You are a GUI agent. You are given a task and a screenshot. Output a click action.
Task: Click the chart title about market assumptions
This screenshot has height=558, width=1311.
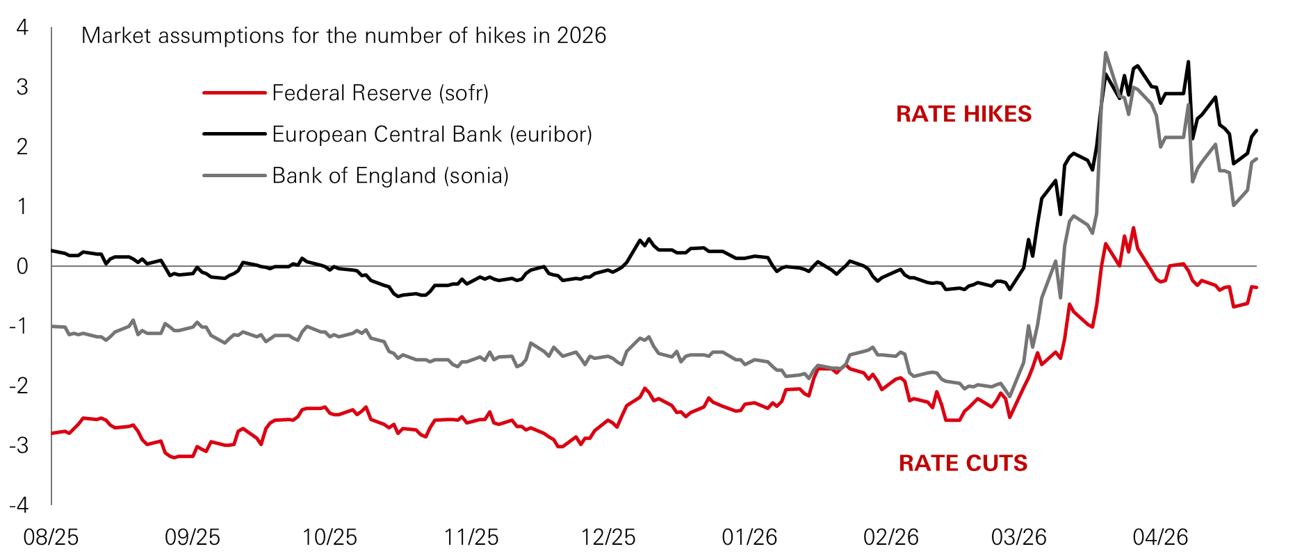coord(343,35)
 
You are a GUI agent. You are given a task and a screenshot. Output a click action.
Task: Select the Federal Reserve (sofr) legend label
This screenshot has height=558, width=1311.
coord(380,93)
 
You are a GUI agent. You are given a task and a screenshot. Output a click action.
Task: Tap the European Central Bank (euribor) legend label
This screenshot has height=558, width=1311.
coord(432,134)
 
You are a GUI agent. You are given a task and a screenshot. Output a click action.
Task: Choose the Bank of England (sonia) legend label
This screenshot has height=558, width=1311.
coord(390,176)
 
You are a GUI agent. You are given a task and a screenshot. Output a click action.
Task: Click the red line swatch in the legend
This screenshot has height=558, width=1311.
coord(234,93)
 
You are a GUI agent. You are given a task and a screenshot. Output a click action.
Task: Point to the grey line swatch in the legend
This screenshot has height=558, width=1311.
coord(234,176)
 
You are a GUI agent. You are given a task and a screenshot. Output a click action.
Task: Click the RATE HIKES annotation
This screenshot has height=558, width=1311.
coord(963,114)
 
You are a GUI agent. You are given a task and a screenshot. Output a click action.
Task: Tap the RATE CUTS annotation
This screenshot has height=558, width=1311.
coord(963,463)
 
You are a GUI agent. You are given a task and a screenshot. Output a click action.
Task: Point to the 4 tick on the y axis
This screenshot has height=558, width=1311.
coord(22,28)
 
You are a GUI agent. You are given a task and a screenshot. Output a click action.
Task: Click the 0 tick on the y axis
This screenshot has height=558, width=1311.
coord(22,266)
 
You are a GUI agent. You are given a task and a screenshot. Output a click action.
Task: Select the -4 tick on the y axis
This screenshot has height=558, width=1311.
coord(19,504)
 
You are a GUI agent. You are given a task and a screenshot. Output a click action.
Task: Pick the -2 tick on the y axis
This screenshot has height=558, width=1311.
coord(19,386)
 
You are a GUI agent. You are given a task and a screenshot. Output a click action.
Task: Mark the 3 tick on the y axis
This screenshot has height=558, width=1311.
coord(22,88)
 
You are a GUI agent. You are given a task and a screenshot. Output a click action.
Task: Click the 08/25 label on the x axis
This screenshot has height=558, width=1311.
coord(51,537)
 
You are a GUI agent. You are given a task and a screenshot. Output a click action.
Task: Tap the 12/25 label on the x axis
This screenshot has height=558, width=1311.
coord(608,537)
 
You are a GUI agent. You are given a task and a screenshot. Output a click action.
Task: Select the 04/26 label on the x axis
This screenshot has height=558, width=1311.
coord(1160,537)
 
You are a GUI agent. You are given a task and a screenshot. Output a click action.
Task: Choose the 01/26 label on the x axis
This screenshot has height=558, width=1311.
coord(749,537)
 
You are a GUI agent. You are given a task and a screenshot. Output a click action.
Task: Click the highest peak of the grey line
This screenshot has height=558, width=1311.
coord(1105,52)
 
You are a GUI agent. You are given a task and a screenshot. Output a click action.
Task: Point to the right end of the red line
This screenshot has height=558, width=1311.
coord(1256,287)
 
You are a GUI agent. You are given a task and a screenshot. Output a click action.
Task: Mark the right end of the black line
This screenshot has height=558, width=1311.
coord(1257,131)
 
